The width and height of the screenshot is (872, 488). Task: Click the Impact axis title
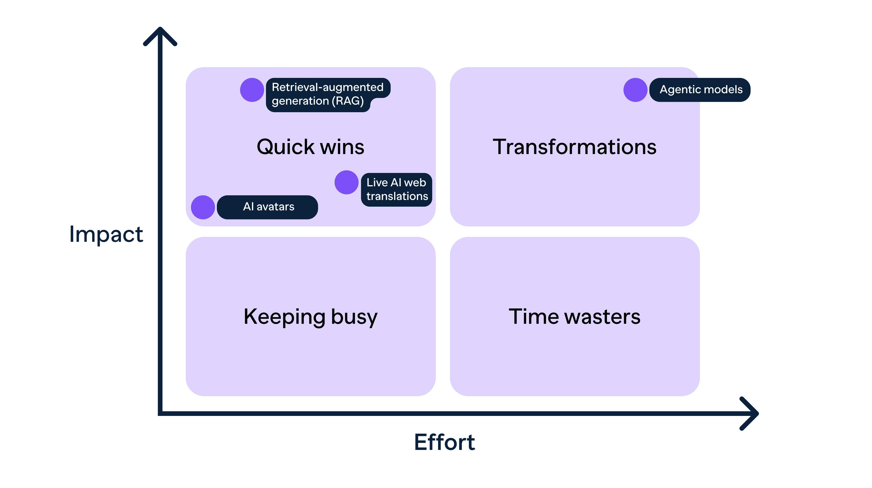tap(106, 234)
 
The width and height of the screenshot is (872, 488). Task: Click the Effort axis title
tap(444, 442)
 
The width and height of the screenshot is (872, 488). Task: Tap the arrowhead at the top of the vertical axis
tap(160, 34)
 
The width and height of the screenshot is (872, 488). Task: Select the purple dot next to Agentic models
tap(635, 90)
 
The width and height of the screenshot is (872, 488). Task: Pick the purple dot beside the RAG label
tap(252, 90)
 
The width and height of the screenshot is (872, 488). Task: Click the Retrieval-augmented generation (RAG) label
tap(327, 94)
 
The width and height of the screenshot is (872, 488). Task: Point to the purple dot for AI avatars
tap(203, 207)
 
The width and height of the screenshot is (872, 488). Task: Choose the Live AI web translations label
tap(396, 190)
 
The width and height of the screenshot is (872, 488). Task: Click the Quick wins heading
tap(310, 147)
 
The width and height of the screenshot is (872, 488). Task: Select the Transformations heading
tap(574, 147)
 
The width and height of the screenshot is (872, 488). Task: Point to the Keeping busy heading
tap(310, 317)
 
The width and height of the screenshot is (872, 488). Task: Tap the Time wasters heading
tap(574, 317)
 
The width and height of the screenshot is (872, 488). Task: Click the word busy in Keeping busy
tap(354, 317)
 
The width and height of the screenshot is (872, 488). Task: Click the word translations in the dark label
tap(397, 196)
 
